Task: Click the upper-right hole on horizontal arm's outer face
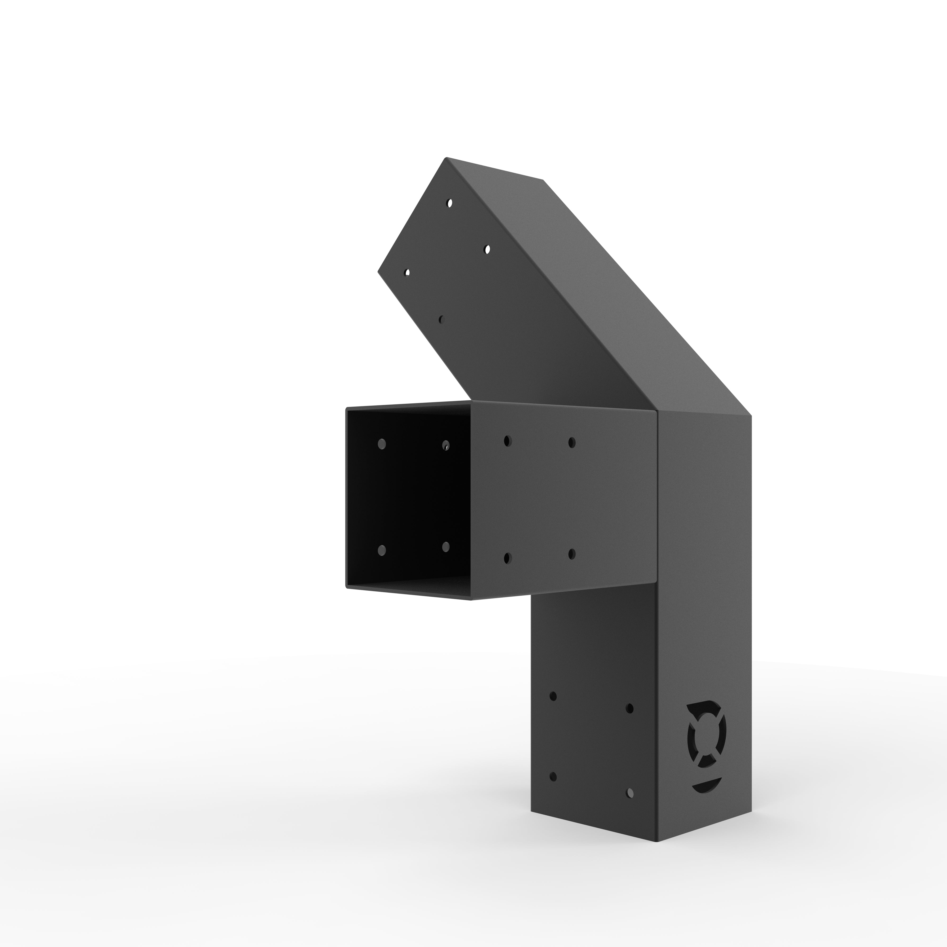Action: coord(572,442)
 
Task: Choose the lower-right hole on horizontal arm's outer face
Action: coord(572,554)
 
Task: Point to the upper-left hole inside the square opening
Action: coord(382,444)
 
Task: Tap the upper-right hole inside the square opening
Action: coord(446,445)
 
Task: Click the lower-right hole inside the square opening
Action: coord(446,546)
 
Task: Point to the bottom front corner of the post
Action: coord(655,855)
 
